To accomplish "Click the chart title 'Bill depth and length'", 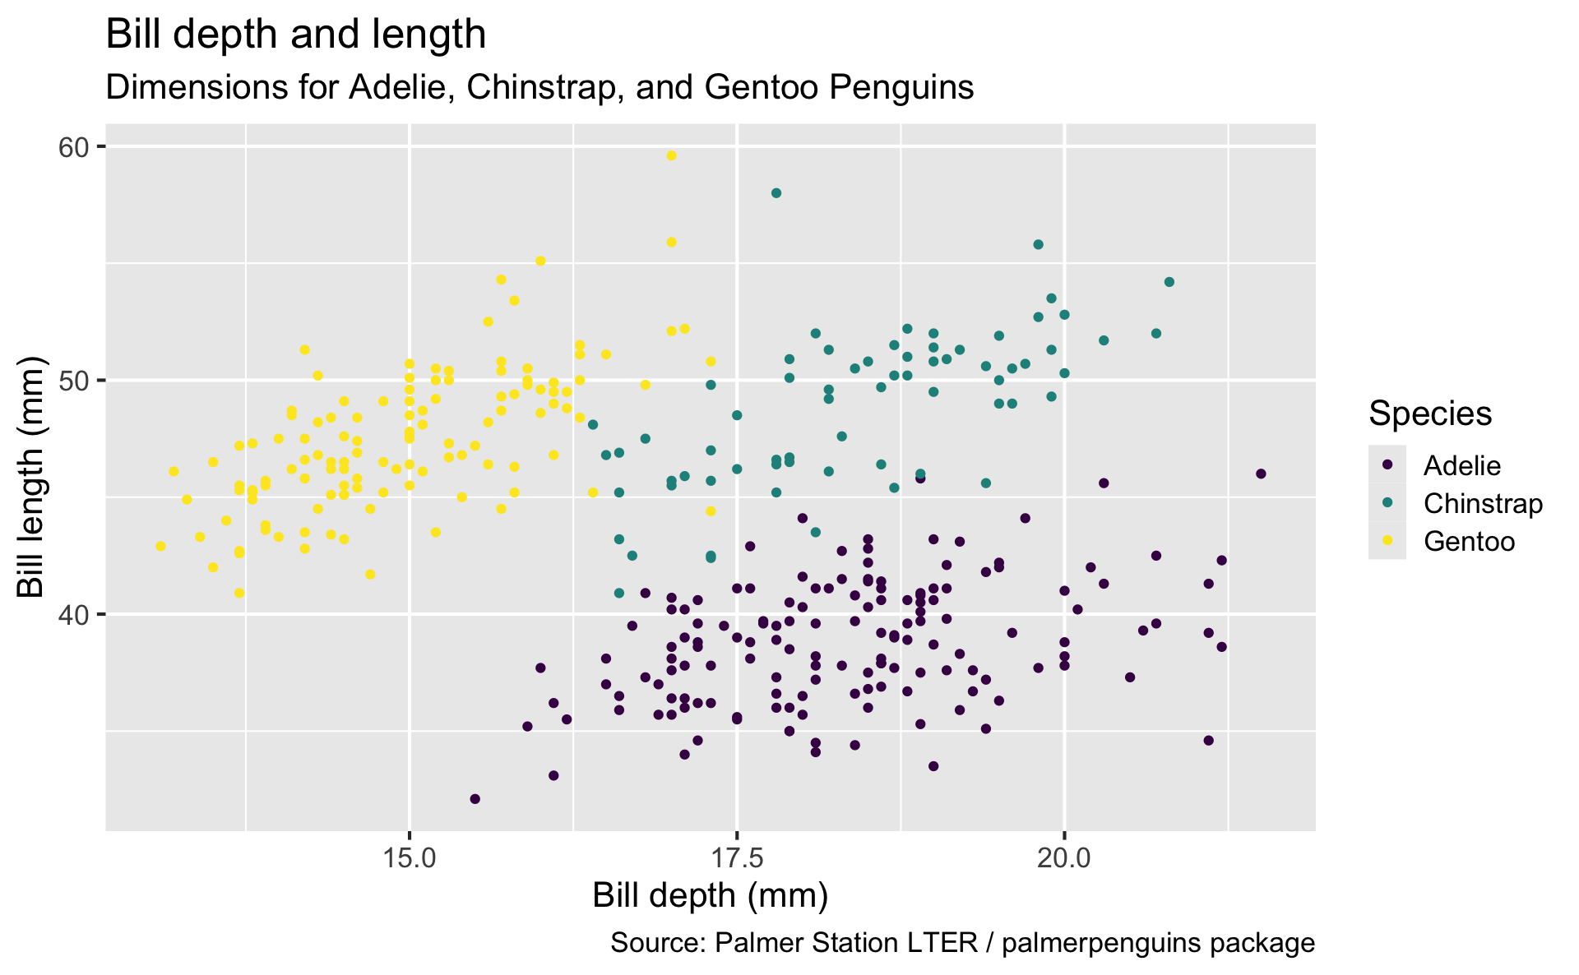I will pyautogui.click(x=296, y=35).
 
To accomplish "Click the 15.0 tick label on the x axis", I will pyautogui.click(x=409, y=857).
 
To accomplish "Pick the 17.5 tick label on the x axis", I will pyautogui.click(x=737, y=857).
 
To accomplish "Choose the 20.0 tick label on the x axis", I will pyautogui.click(x=1064, y=857).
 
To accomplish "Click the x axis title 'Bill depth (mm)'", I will pyautogui.click(x=710, y=896).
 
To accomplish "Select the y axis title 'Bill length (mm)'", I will pyautogui.click(x=31, y=477).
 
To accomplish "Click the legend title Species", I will pyautogui.click(x=1429, y=414).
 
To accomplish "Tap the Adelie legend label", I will pyautogui.click(x=1462, y=466).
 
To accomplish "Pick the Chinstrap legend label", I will pyautogui.click(x=1483, y=503).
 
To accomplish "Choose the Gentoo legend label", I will pyautogui.click(x=1469, y=541).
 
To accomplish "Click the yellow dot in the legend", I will pyautogui.click(x=1387, y=541).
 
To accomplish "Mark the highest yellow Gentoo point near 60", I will pyautogui.click(x=671, y=155).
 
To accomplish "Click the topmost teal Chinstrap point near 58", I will pyautogui.click(x=776, y=193).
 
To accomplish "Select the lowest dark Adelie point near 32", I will pyautogui.click(x=475, y=798).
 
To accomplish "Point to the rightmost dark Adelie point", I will pyautogui.click(x=1261, y=474).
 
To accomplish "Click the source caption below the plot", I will pyautogui.click(x=962, y=943).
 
